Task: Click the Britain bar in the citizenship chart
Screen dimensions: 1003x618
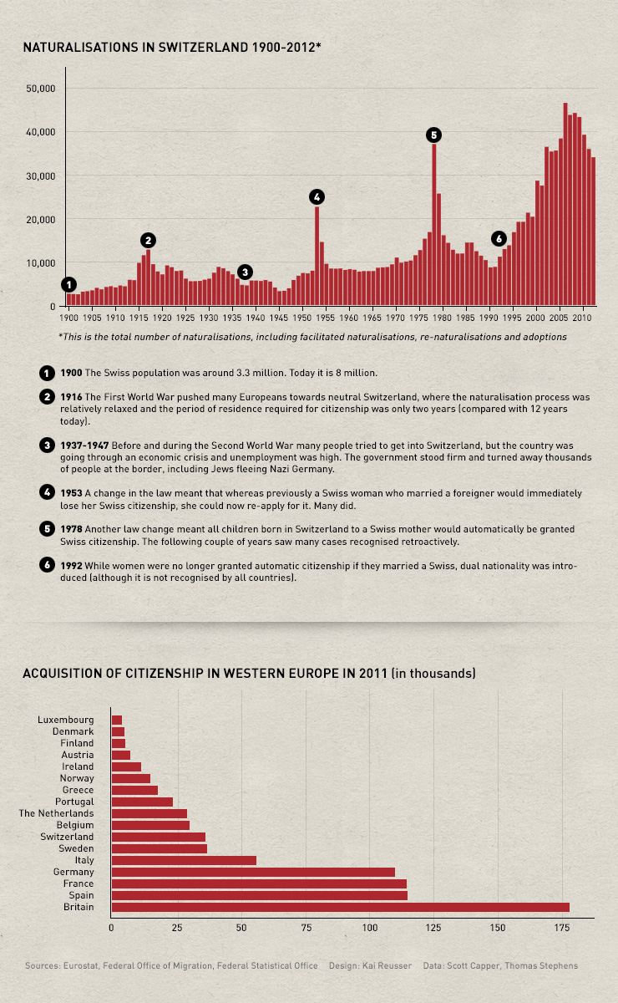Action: click(x=340, y=907)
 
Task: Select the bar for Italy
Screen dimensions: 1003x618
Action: click(x=184, y=860)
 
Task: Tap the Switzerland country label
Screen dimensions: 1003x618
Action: click(x=67, y=837)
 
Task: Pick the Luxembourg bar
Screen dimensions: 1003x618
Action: click(x=116, y=720)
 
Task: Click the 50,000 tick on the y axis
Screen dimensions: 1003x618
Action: click(x=41, y=88)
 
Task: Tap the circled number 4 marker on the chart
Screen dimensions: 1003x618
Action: click(x=316, y=196)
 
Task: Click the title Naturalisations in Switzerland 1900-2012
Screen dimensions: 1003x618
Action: click(x=171, y=48)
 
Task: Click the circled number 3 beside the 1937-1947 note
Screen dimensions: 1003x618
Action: click(x=47, y=445)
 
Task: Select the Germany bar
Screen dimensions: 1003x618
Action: click(x=253, y=872)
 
